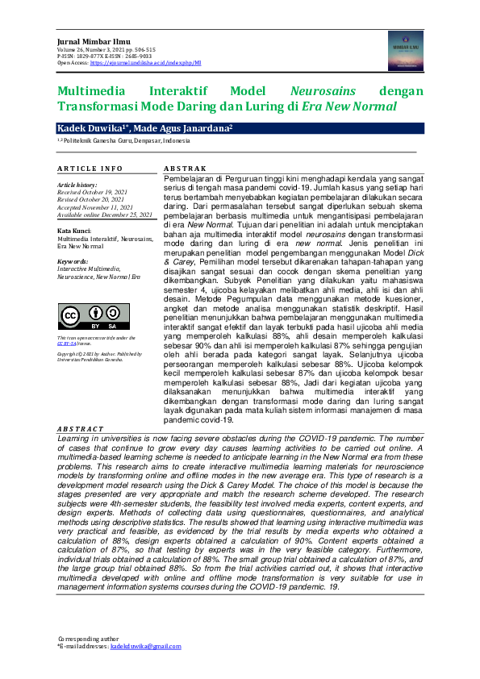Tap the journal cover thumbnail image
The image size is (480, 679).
click(x=405, y=50)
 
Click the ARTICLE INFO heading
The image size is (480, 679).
click(x=90, y=168)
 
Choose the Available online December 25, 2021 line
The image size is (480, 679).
click(x=105, y=215)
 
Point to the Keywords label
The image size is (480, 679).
click(x=73, y=261)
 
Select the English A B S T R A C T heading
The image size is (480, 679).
click(x=80, y=428)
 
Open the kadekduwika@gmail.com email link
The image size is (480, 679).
click(x=146, y=647)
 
